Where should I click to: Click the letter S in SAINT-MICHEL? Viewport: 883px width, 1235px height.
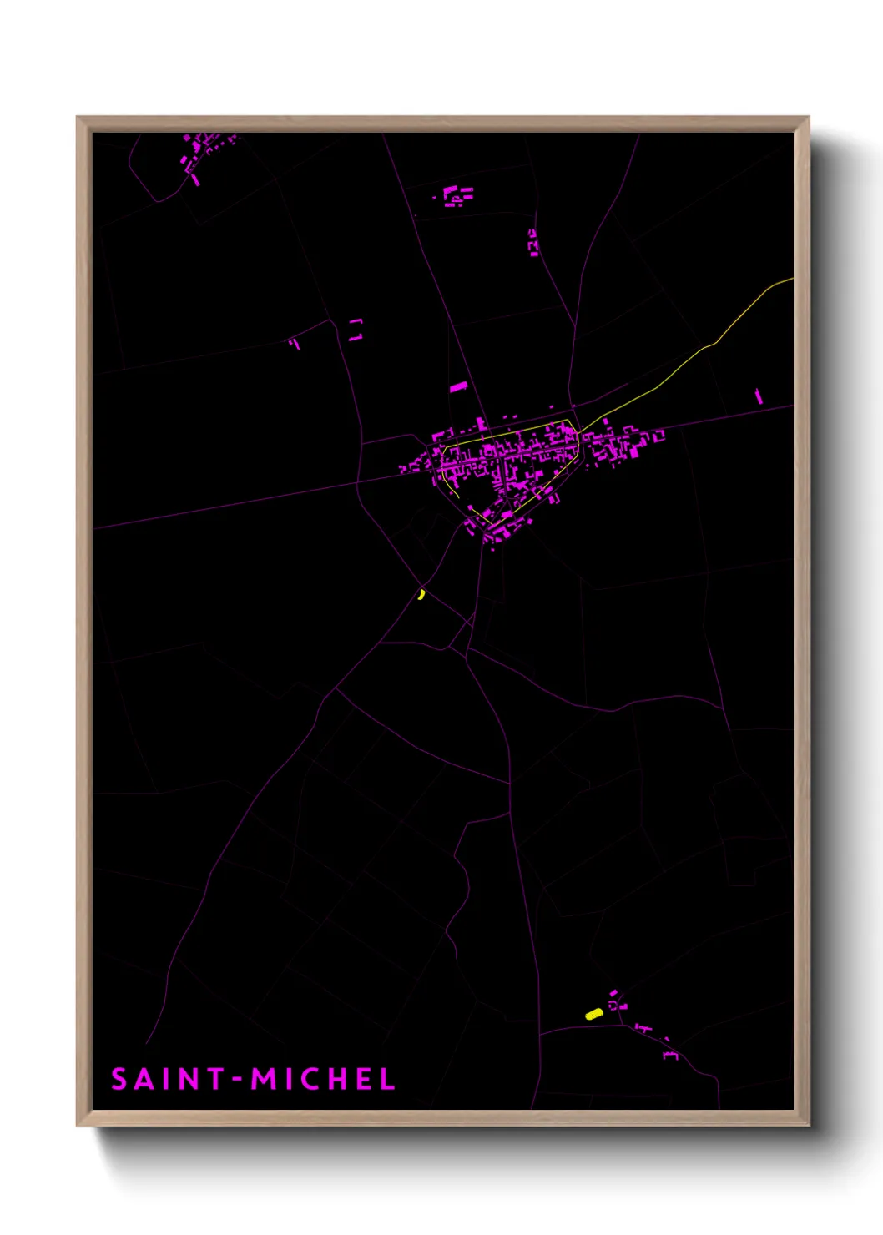point(119,1079)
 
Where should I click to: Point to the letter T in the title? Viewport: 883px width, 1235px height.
point(214,1079)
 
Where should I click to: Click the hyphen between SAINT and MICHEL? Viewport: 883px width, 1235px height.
point(238,1080)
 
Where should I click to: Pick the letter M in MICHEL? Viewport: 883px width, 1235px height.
point(265,1079)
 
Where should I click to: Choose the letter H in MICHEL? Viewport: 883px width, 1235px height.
point(337,1079)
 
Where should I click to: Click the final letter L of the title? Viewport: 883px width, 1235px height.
point(387,1079)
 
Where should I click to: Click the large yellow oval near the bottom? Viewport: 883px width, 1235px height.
point(593,1014)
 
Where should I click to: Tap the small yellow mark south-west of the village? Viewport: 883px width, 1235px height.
point(421,594)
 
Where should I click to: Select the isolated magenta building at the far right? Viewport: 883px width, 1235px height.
point(759,396)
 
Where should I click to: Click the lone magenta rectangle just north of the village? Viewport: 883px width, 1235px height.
point(458,387)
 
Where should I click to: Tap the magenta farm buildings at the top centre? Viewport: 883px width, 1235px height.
point(457,196)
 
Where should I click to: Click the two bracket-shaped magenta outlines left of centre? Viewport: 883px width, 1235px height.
point(356,329)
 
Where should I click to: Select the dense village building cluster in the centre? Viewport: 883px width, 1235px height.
point(509,463)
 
